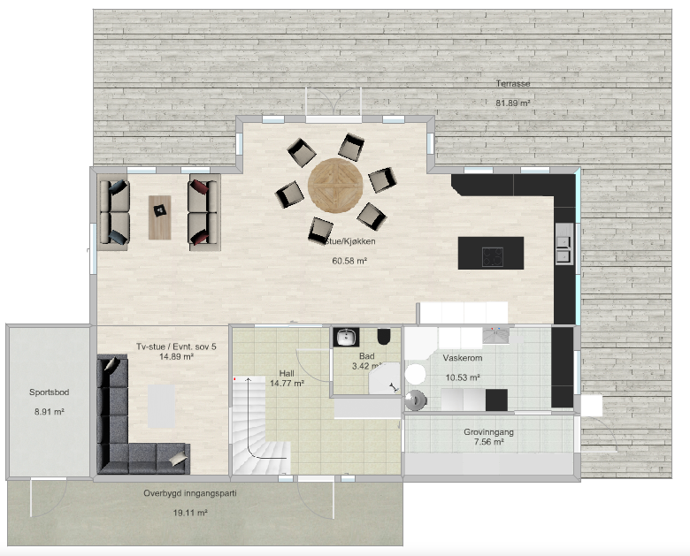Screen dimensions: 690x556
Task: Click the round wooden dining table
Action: coord(335,186)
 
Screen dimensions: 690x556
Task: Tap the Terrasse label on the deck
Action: coord(513,84)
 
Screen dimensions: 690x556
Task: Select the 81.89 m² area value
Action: coord(513,103)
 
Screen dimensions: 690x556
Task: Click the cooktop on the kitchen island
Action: coord(493,256)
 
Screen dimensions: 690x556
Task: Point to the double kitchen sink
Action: coord(563,249)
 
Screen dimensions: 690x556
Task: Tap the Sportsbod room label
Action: coord(50,392)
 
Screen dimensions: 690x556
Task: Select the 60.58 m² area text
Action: coord(349,261)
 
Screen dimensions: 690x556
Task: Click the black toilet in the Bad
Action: coord(384,337)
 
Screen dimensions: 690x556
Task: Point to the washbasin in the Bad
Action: coord(346,338)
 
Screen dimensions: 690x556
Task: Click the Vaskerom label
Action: coord(463,358)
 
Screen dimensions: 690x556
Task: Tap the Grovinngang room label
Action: coord(488,432)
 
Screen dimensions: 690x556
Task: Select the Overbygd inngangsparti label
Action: coord(190,493)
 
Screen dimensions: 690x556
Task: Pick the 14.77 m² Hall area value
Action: coord(287,383)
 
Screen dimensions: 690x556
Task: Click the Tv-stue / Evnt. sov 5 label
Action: coord(176,347)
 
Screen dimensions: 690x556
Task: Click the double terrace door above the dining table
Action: coord(333,104)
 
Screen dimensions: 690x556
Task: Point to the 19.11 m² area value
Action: coord(190,513)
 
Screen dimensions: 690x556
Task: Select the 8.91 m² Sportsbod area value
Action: coord(50,412)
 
